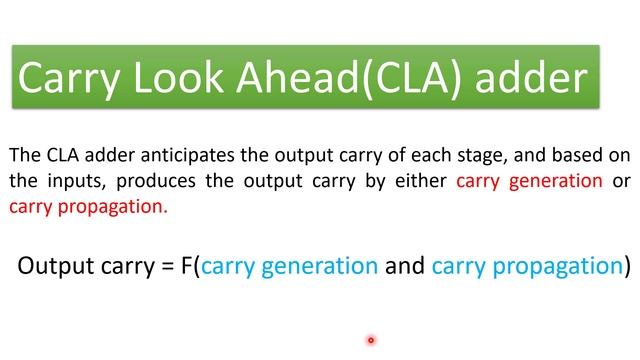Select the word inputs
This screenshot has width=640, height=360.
pos(77,182)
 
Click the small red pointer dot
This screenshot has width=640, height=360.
pos(370,340)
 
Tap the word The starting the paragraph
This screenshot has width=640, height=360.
pos(25,156)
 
